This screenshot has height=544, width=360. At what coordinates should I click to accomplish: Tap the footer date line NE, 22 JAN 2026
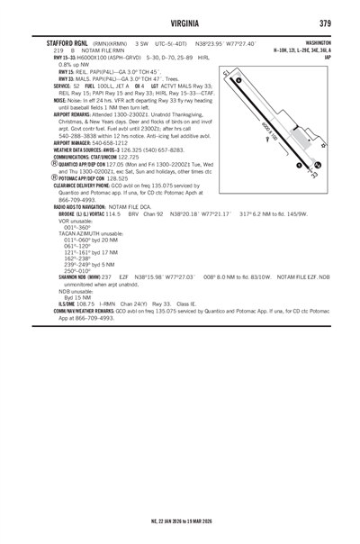click(179, 521)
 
